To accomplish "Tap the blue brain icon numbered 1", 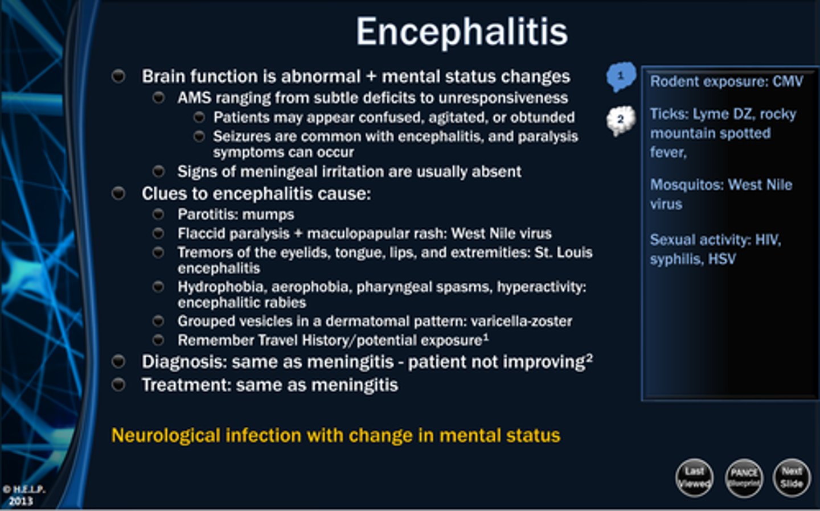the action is tap(621, 76).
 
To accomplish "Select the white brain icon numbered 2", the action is tap(621, 120).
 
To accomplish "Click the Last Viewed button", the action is tap(694, 477).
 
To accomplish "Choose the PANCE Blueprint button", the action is tap(744, 477).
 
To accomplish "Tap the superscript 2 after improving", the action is tap(589, 357).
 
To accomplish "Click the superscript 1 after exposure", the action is tap(486, 337).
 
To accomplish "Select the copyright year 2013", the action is tap(21, 501).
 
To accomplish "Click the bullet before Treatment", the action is tap(118, 385).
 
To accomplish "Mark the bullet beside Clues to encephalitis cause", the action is tap(118, 193).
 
